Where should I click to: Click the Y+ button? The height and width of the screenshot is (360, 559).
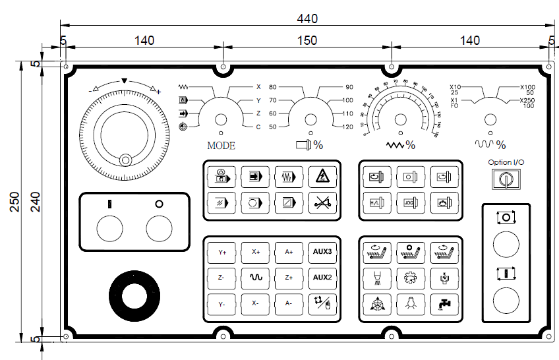pyautogui.click(x=222, y=252)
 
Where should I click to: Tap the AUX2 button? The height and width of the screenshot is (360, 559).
pyautogui.click(x=322, y=278)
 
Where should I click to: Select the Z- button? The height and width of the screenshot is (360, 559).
pyautogui.click(x=222, y=278)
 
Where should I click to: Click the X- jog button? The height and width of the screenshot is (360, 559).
pyautogui.click(x=254, y=303)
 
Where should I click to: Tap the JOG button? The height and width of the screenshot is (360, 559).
pyautogui.click(x=410, y=202)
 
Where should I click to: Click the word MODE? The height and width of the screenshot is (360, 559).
pyautogui.click(x=221, y=146)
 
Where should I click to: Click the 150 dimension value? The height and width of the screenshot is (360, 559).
pyautogui.click(x=307, y=40)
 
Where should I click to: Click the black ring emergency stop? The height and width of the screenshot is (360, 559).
pyautogui.click(x=134, y=294)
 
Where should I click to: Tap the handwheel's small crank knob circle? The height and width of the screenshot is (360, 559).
pyautogui.click(x=125, y=159)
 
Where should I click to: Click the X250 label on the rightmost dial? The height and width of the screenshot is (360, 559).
pyautogui.click(x=527, y=100)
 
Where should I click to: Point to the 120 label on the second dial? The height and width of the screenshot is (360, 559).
pyautogui.click(x=347, y=127)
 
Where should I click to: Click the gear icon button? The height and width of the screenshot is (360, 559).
pyautogui.click(x=410, y=278)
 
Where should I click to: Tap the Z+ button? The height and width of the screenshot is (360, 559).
pyautogui.click(x=289, y=278)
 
